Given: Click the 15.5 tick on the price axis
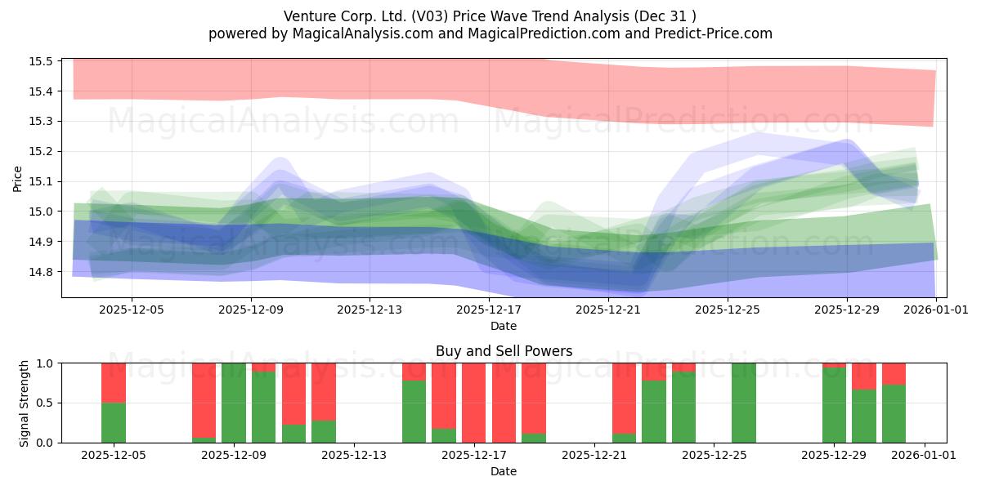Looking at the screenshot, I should (x=41, y=61).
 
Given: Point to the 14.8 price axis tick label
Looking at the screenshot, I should (x=41, y=272).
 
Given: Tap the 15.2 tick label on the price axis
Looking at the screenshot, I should (x=41, y=151).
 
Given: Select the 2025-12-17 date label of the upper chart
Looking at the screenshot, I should (x=489, y=310).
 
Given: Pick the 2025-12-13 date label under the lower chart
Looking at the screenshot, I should (x=354, y=456).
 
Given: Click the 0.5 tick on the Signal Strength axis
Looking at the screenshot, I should (x=44, y=403).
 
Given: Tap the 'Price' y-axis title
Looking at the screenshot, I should (x=18, y=177).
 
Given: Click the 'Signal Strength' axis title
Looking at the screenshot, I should (x=25, y=403).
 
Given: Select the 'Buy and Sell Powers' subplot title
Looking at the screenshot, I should (x=504, y=351).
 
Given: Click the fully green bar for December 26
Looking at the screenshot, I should (x=744, y=403).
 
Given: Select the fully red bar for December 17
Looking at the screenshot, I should (x=474, y=403).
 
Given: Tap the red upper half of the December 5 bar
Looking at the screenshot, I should (x=114, y=382).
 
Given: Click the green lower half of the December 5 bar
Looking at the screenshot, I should (x=114, y=422).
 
